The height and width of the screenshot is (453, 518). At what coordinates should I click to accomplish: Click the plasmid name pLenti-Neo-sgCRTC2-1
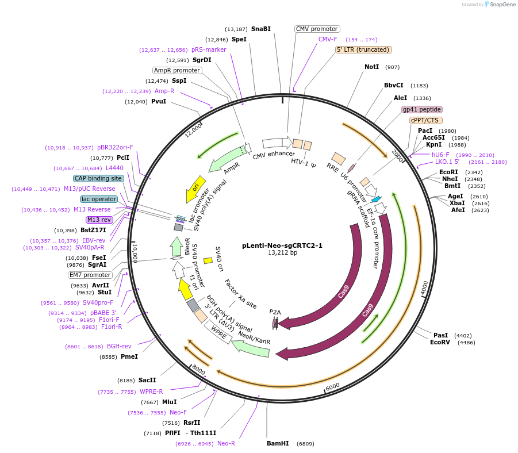pos(282,245)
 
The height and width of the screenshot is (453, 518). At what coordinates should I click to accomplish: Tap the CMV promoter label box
pos(317,29)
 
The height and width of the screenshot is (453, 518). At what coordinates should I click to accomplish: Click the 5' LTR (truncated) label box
pos(363,49)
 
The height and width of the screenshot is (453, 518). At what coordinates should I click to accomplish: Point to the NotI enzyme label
pos(372,67)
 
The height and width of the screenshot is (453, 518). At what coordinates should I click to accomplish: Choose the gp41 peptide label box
pos(422,109)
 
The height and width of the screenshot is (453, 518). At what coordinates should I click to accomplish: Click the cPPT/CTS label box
pos(425,120)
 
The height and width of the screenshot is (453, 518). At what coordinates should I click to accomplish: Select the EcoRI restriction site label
pos(448,172)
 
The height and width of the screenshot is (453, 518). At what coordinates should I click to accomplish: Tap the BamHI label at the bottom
pos(278,444)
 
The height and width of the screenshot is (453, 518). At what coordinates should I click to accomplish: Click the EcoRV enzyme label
pos(440,342)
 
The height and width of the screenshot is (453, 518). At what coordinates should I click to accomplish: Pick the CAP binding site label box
pos(98,178)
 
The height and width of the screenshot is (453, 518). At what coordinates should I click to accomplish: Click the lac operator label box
pos(99,199)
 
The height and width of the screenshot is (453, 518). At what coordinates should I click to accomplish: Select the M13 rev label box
pos(99,220)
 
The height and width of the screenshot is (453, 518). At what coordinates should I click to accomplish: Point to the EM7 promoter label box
pos(90,275)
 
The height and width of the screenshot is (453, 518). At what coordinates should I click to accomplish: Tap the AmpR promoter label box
pos(177,70)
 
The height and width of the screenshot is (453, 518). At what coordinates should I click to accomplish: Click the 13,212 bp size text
pos(282,252)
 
